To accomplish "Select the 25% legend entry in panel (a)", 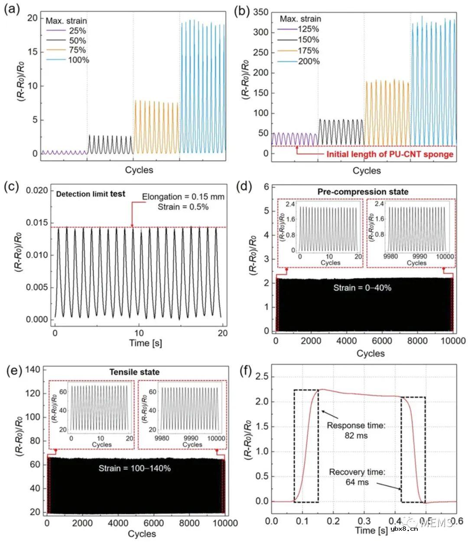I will pyautogui.click(x=77, y=31).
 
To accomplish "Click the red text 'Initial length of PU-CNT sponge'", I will pyautogui.click(x=390, y=154).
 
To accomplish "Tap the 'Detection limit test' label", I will pyautogui.click(x=91, y=194).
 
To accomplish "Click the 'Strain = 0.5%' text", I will pyautogui.click(x=183, y=207).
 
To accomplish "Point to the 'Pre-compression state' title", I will pyautogui.click(x=363, y=191).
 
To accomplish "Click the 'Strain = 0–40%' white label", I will pyautogui.click(x=362, y=287).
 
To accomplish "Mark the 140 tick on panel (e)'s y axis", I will pyautogui.click(x=33, y=369).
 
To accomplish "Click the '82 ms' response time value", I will pyautogui.click(x=356, y=435).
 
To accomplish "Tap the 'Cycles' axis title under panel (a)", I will pyautogui.click(x=139, y=170).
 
